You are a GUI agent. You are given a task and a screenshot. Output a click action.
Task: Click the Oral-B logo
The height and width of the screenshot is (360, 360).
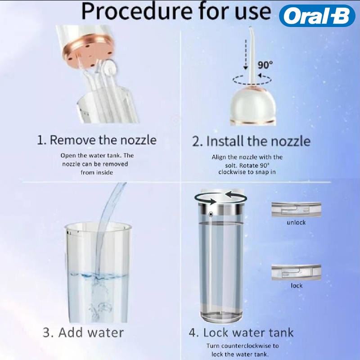point(317,16)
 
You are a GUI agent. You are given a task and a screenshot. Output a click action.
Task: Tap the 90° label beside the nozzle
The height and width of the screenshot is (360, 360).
point(265,65)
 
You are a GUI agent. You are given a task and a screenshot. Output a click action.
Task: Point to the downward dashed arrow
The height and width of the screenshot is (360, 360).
point(245,54)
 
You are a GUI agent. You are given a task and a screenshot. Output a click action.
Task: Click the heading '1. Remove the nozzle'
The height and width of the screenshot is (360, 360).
point(97,140)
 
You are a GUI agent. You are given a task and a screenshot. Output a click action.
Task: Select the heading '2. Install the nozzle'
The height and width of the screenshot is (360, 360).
point(251,141)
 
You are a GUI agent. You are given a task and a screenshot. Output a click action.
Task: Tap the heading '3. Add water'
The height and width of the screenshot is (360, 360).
point(83,333)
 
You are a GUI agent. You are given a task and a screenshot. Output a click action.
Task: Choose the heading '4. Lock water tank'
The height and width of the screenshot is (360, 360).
point(241,333)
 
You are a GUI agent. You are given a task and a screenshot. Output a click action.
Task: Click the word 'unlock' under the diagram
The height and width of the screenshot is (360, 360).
point(296,222)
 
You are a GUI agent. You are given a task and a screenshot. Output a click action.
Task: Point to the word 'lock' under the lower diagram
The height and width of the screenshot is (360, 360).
point(297,285)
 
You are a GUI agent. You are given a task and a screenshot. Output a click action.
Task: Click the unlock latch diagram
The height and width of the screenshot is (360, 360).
point(296,209)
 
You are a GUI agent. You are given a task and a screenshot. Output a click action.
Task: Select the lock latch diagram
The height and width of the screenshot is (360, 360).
point(296,272)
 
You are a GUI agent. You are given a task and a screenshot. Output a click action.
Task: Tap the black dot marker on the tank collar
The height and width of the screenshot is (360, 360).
point(211,214)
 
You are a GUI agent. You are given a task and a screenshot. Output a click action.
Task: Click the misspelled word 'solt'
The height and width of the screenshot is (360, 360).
point(231,165)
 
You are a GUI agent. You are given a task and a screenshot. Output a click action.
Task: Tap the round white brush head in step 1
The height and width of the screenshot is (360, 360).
point(110,66)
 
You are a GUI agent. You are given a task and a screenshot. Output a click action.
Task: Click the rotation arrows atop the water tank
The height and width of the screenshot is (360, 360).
point(220,198)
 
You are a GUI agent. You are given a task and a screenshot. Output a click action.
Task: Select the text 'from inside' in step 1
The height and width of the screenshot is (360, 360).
point(97,172)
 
